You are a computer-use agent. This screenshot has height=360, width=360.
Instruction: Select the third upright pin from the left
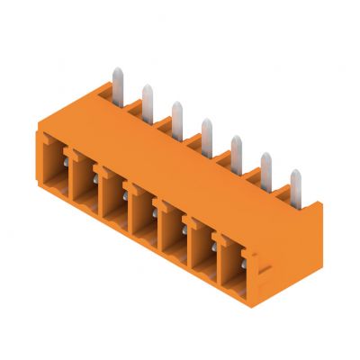tap(176, 110)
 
